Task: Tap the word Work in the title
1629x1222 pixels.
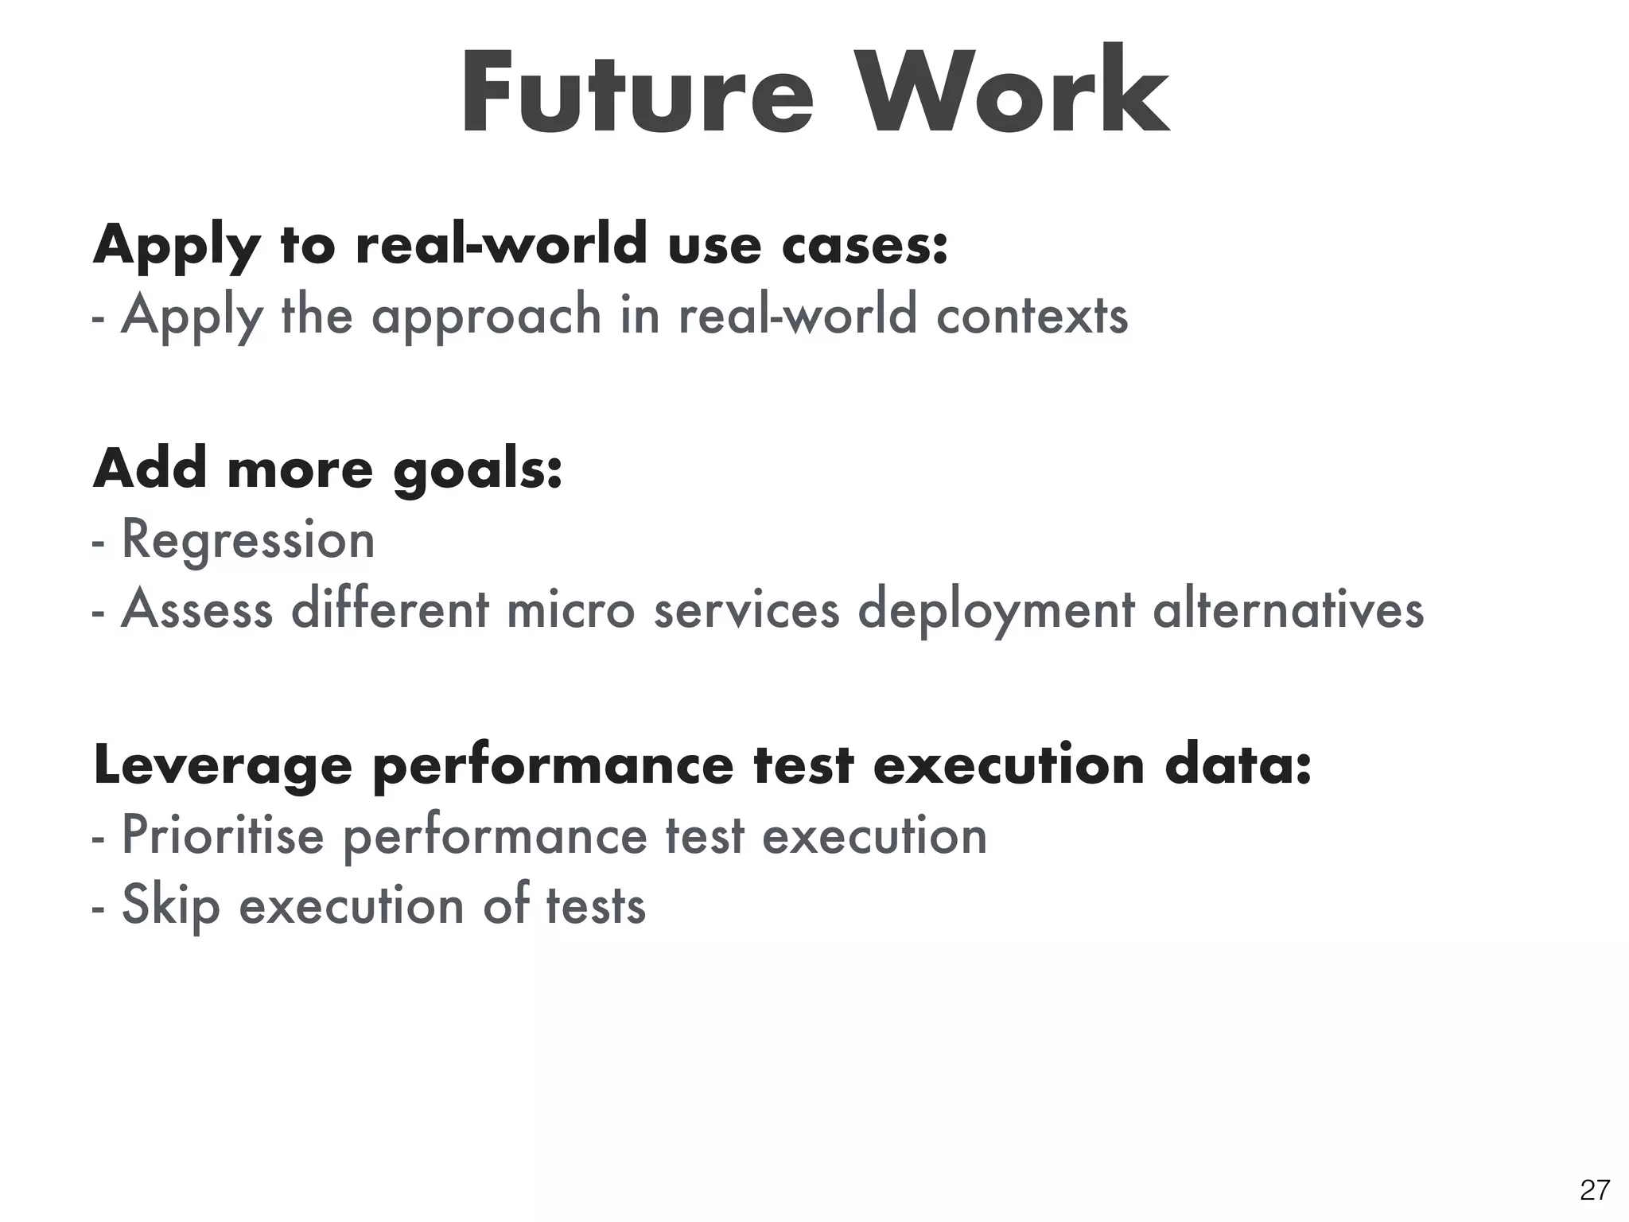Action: tap(1017, 93)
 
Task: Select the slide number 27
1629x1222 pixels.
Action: tap(1595, 1190)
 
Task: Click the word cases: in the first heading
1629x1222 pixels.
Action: tap(865, 244)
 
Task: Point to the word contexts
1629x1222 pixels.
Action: tap(1032, 315)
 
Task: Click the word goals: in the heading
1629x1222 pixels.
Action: tap(478, 469)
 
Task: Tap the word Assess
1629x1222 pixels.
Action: tap(196, 609)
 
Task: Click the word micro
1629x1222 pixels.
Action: tap(570, 609)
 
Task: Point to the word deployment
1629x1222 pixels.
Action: tap(996, 611)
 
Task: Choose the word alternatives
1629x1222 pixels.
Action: tap(1288, 609)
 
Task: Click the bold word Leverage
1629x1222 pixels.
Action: tap(223, 767)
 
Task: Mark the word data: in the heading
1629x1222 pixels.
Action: tap(1237, 765)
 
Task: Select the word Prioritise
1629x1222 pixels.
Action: tap(223, 835)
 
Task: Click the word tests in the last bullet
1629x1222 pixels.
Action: tap(595, 905)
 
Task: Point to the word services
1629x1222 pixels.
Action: tap(746, 609)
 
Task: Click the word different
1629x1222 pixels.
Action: tap(391, 609)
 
